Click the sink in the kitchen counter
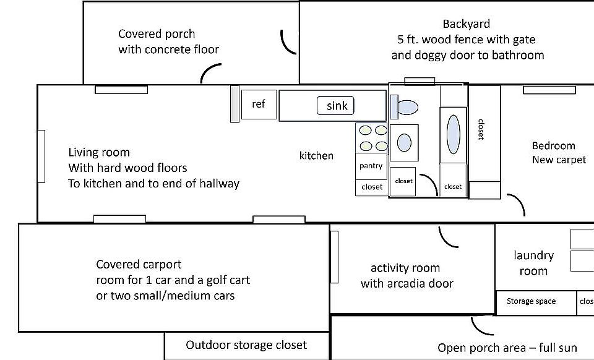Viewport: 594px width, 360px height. [x=335, y=106]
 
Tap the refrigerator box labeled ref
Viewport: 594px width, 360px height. [x=259, y=105]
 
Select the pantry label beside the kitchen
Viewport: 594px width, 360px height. [x=371, y=166]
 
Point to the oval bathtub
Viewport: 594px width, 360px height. [x=453, y=134]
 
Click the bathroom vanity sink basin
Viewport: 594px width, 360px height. [x=404, y=143]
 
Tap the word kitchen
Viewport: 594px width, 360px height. [x=316, y=156]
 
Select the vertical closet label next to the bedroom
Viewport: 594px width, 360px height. [x=481, y=129]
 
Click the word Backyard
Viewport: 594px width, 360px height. [x=467, y=24]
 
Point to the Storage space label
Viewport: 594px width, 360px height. [x=531, y=301]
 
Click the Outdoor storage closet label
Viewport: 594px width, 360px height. [x=246, y=345]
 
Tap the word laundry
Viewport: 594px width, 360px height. [x=534, y=256]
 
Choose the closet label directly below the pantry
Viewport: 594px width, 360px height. [x=372, y=187]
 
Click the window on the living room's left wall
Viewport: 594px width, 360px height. [x=41, y=156]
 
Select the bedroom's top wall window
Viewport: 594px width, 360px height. [x=549, y=90]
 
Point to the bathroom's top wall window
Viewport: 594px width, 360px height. [x=420, y=82]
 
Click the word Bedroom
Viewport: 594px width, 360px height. [x=553, y=146]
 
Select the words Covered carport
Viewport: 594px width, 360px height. [x=139, y=264]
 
